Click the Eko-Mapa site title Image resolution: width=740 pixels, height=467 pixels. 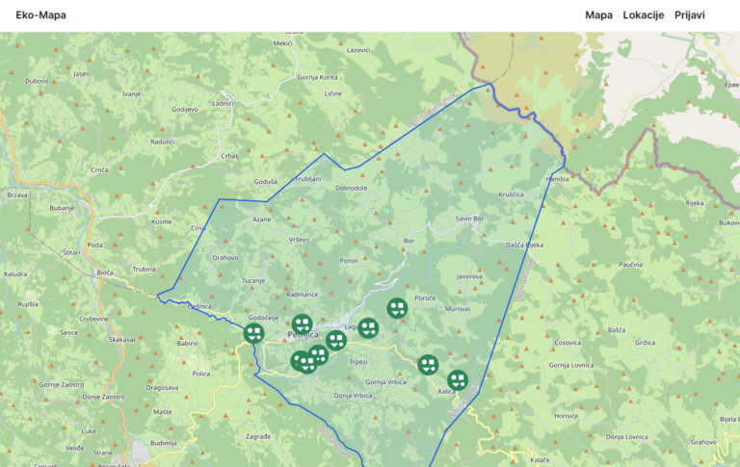click(34, 15)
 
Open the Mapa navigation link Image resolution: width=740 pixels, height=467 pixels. click(598, 15)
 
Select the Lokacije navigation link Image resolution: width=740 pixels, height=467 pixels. click(644, 15)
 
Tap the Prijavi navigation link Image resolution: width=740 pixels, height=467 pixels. click(689, 15)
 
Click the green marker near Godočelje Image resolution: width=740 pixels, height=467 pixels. click(253, 333)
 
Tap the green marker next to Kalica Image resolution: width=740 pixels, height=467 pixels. click(458, 379)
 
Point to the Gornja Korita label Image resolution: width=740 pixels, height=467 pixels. click(317, 77)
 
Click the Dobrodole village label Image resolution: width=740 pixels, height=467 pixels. click(352, 188)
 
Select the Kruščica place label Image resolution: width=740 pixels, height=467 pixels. click(511, 194)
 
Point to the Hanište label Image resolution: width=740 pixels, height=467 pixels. click(558, 180)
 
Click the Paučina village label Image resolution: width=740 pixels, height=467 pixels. click(630, 264)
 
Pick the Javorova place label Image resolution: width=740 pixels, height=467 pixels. click(469, 276)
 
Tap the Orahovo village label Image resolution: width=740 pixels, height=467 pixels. click(225, 258)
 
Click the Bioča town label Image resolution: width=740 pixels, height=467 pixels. click(105, 272)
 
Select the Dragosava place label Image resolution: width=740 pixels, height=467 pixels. click(162, 388)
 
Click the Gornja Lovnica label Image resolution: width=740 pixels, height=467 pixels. click(571, 366)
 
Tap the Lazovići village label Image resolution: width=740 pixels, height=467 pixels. click(358, 50)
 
